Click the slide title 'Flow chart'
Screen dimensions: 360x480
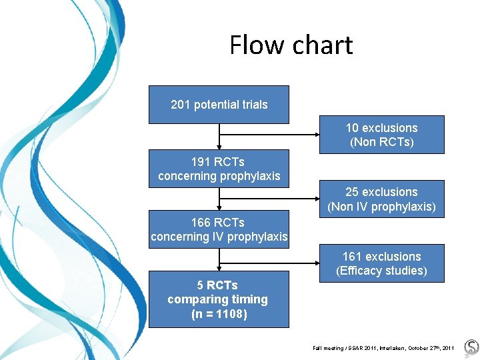291,45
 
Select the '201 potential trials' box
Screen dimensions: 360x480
219,105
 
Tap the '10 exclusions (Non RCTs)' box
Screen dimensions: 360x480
381,135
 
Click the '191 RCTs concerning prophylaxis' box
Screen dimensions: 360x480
219,169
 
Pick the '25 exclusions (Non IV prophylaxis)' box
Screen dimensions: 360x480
381,199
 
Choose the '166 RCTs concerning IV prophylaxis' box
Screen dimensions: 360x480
219,229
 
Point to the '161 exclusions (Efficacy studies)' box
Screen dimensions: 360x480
381,263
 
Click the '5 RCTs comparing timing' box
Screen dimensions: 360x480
219,299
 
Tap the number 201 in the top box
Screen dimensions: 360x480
180,105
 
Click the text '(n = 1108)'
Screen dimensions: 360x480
219,314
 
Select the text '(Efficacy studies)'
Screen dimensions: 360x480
382,271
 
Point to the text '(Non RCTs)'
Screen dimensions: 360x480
382,142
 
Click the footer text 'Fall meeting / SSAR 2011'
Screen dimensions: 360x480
347,348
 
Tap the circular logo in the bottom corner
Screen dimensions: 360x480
471,347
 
